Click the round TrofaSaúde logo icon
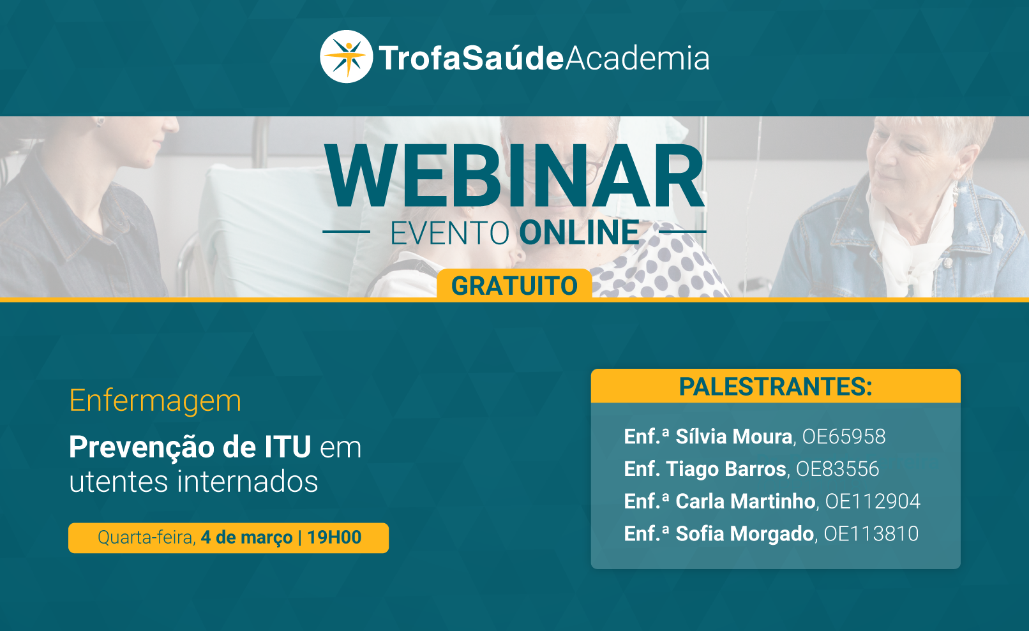347,57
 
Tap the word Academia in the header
637,58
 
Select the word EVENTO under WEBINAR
450,233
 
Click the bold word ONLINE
579,233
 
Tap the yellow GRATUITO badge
514,284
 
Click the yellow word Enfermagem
155,401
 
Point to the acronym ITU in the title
288,447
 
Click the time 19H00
334,537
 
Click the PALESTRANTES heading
776,386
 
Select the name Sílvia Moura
733,436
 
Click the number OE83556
837,469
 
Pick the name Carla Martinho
745,501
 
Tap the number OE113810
871,533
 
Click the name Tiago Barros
726,469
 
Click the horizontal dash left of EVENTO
347,232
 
